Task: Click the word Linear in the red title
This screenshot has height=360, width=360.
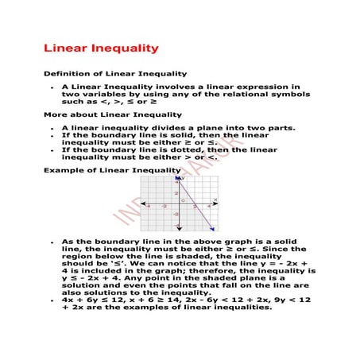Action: pos(66,49)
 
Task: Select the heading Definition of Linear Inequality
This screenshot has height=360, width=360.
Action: pos(109,73)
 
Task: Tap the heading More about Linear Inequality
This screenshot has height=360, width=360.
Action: pos(102,114)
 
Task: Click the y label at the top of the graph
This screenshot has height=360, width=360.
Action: pos(184,180)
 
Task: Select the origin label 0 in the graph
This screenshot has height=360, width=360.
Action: pos(182,201)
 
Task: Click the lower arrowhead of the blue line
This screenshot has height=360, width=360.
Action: pos(213,230)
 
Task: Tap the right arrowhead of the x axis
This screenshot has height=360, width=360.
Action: pos(217,204)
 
